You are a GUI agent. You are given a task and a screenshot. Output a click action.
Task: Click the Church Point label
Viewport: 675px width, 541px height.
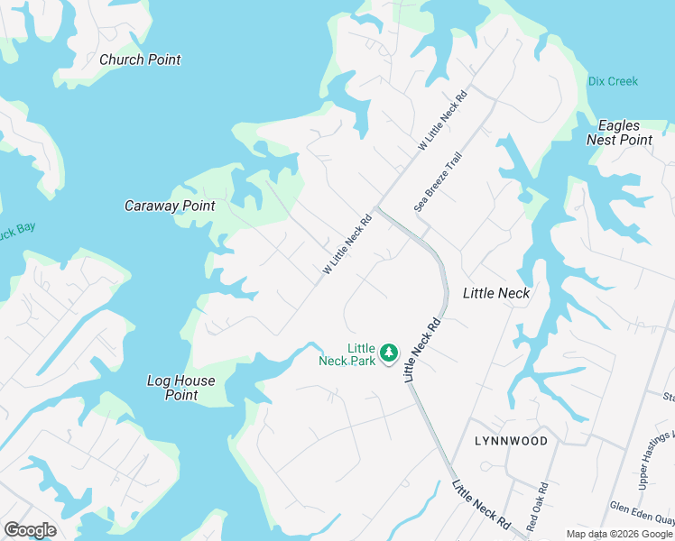click(140, 60)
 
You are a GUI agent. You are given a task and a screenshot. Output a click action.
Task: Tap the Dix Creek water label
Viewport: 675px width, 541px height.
click(613, 81)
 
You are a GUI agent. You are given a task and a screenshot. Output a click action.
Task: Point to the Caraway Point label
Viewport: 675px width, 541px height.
click(170, 206)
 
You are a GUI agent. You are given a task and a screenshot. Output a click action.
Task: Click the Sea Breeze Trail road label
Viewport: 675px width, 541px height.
click(438, 181)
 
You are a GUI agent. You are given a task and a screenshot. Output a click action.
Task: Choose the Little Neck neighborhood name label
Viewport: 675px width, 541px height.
click(495, 293)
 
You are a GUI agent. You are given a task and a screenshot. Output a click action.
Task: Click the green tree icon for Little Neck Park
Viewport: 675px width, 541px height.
click(389, 352)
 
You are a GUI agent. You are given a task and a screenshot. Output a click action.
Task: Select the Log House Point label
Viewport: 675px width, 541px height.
click(181, 388)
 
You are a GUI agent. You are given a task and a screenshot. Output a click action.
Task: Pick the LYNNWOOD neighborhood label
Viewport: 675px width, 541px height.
click(511, 441)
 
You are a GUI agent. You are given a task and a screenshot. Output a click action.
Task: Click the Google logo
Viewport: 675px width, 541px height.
click(30, 530)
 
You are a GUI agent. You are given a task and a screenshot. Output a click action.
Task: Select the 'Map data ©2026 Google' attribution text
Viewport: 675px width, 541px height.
click(620, 534)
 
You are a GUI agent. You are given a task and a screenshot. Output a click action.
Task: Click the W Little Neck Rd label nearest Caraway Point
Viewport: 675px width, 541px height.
click(347, 244)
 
